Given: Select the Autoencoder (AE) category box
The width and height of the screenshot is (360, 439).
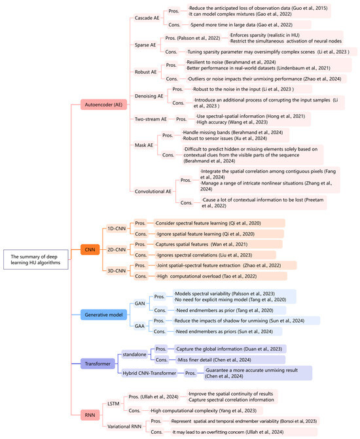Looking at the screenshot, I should coord(100,103).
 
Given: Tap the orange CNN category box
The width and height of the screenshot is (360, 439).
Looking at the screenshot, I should coord(90,248).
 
